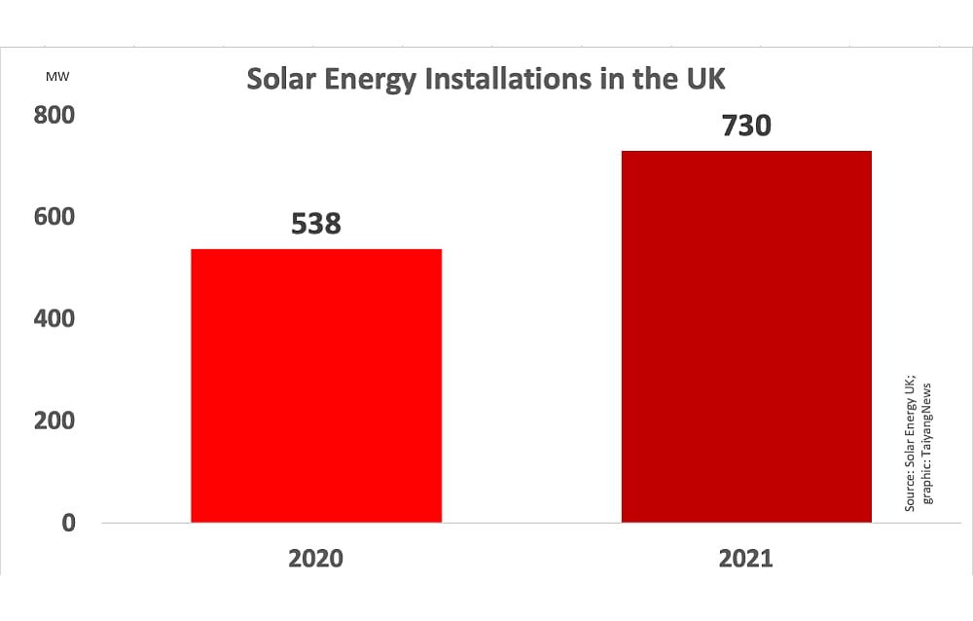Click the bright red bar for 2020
[316, 385]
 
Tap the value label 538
[316, 224]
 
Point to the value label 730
[745, 126]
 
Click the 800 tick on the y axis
[56, 115]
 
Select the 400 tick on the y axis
[56, 318]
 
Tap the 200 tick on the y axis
[56, 420]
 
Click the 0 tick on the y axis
[69, 523]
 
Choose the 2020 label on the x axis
[316, 559]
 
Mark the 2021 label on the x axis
[745, 559]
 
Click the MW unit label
[57, 75]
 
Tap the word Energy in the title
[373, 80]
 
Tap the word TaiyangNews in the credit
[926, 410]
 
